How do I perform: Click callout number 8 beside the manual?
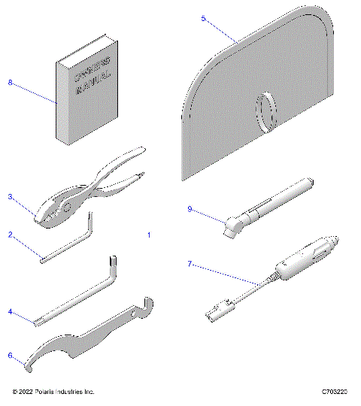click(11, 83)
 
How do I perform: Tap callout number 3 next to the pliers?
click(11, 197)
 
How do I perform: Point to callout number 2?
click(11, 234)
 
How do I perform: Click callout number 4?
click(11, 311)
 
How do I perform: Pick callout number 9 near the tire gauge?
click(190, 209)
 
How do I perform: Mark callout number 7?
click(190, 263)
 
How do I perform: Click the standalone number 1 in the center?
click(148, 235)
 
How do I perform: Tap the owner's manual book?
click(84, 98)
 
